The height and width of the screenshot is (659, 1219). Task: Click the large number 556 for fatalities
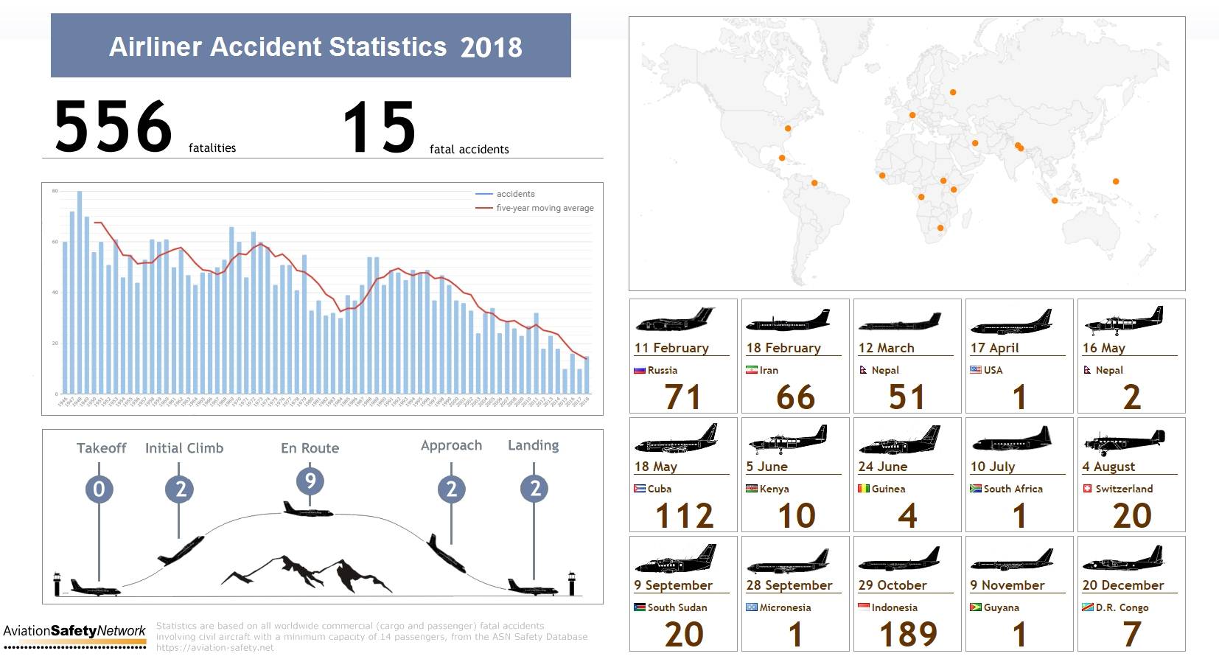click(x=113, y=128)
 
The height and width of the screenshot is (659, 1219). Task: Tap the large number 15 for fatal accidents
click(x=380, y=128)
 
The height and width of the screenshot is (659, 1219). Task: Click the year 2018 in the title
click(x=491, y=48)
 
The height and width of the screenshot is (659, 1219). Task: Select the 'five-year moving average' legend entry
click(x=544, y=208)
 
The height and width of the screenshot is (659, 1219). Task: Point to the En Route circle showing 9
click(x=310, y=481)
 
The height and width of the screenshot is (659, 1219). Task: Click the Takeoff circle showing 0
click(x=99, y=489)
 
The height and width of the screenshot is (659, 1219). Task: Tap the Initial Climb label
click(x=184, y=448)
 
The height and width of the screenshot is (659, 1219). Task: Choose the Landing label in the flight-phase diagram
click(x=533, y=445)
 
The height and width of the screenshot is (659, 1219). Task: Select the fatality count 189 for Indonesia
click(x=908, y=634)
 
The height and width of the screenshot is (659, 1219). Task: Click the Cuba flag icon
click(x=640, y=489)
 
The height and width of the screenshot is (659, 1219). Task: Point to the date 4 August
click(x=1108, y=467)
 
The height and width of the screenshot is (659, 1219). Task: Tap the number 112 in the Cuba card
click(x=684, y=515)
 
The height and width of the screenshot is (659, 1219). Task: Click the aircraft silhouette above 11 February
click(x=675, y=320)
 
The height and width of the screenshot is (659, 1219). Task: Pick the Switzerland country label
click(x=1124, y=489)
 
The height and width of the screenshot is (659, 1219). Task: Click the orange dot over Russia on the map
click(x=953, y=92)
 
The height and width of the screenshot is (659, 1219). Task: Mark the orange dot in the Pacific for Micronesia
click(x=1116, y=181)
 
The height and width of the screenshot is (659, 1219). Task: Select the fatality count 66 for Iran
click(x=795, y=397)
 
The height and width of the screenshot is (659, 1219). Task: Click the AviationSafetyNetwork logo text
click(x=74, y=631)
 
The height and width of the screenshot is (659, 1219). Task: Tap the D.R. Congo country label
click(x=1122, y=607)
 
